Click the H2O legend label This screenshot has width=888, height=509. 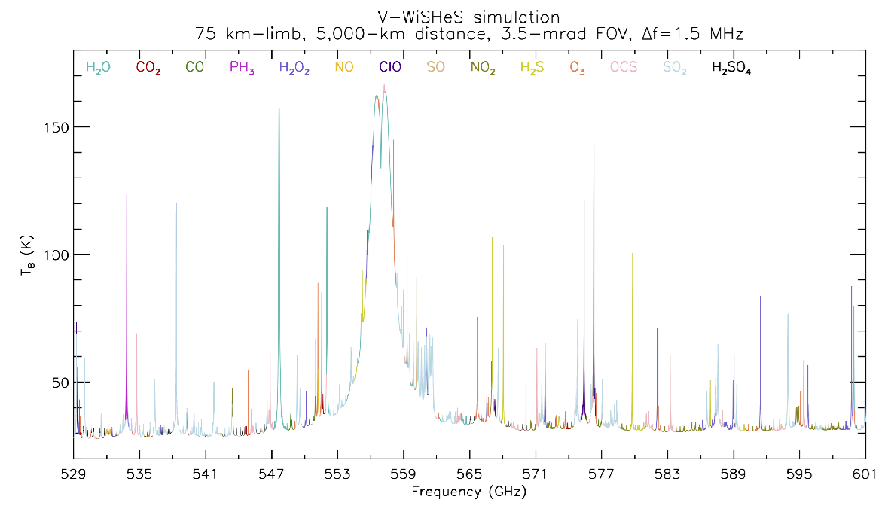(x=98, y=67)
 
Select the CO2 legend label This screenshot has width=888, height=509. (x=148, y=67)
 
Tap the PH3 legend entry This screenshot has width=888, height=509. (x=242, y=67)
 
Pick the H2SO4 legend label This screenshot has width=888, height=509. (x=731, y=68)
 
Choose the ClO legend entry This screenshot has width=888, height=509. (x=390, y=67)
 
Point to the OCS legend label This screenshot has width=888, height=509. (x=624, y=67)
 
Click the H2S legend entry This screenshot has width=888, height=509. (x=532, y=67)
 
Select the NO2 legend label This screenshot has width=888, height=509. (x=483, y=68)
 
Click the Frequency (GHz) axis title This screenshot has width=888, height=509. (x=468, y=492)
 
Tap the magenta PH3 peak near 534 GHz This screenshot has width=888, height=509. (x=127, y=196)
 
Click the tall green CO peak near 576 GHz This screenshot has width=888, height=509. (x=594, y=146)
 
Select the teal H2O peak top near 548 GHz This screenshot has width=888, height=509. (x=279, y=110)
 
